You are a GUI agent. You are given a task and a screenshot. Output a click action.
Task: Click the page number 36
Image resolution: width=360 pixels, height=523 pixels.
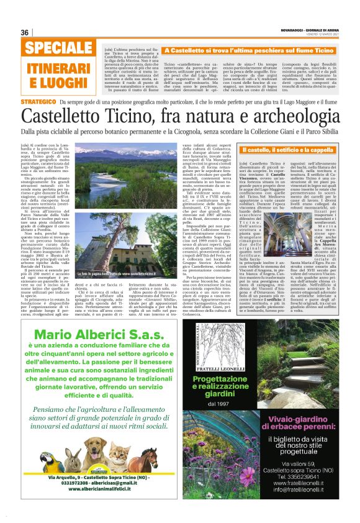coord(25,32)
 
